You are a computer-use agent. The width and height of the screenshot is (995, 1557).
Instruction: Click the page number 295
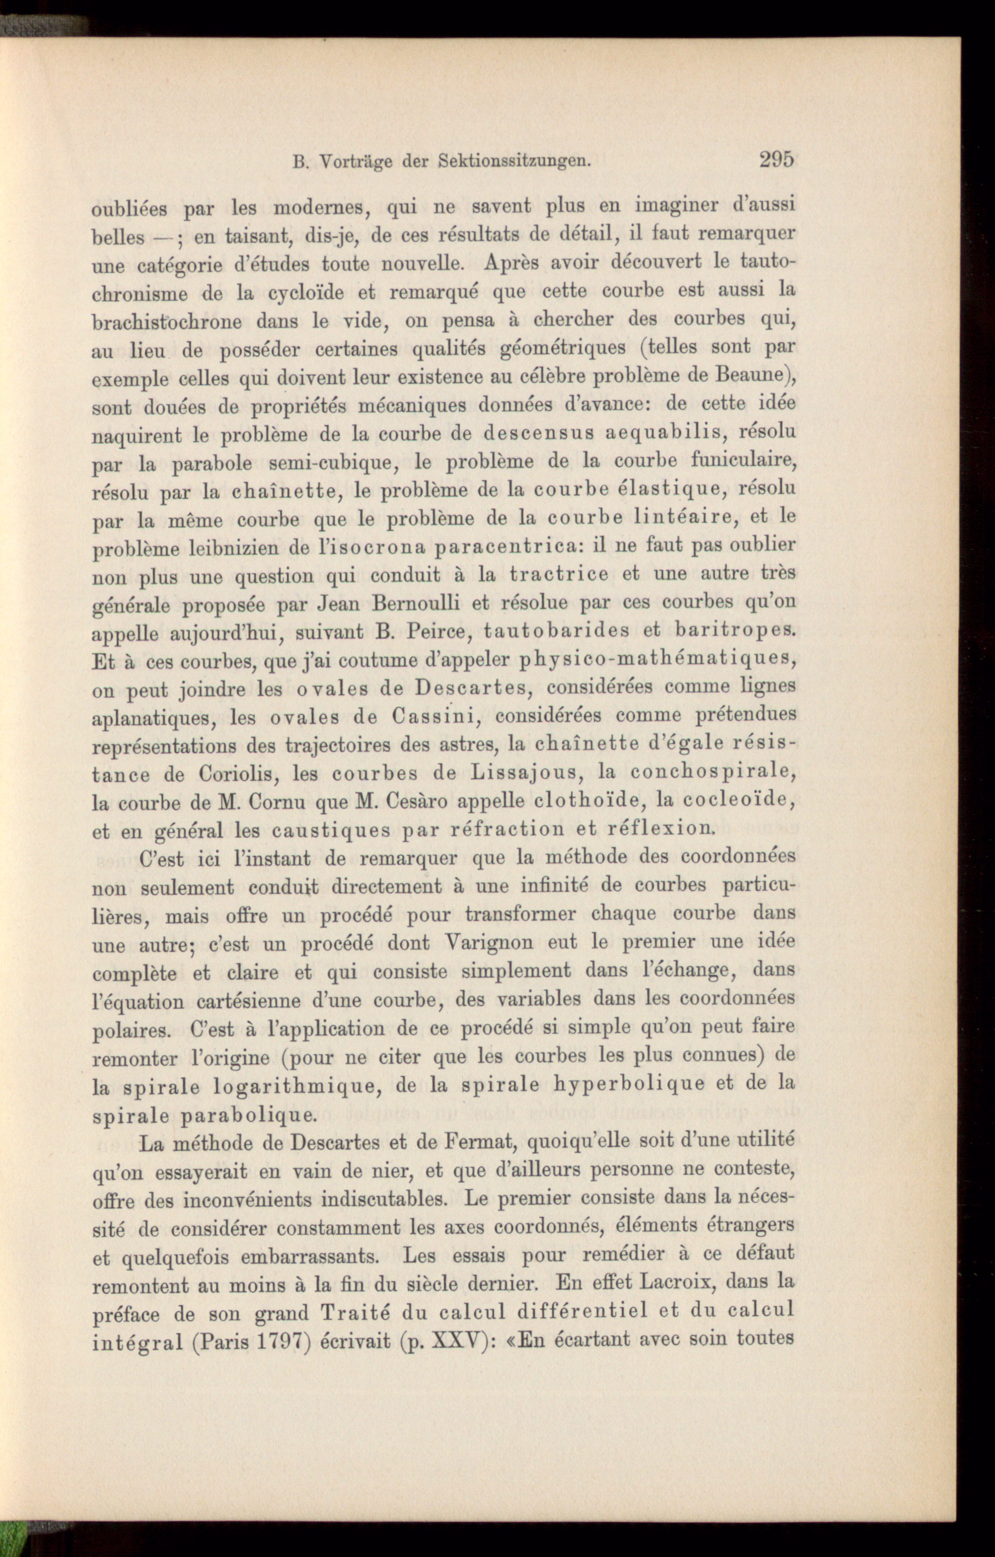[776, 159]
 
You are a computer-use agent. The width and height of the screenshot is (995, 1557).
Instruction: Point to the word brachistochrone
[167, 321]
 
